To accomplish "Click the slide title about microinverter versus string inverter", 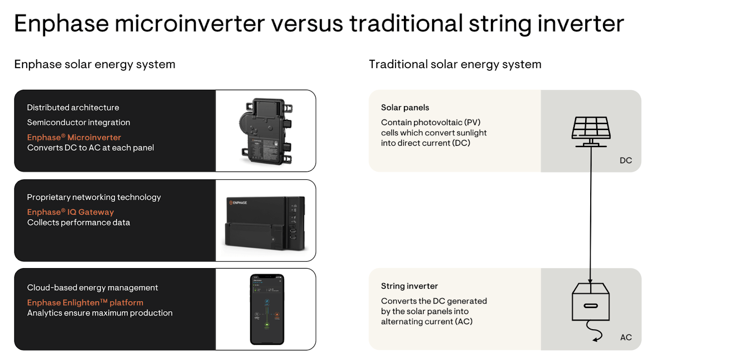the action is tap(319, 23).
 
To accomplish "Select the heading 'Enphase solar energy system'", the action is tap(95, 64).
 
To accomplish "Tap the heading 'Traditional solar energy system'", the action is tap(455, 64).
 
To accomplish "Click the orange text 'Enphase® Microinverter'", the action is tap(74, 137).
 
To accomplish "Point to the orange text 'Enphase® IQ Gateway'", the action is tap(70, 212).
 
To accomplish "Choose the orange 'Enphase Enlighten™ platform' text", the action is tap(85, 303).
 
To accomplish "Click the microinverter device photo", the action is tap(265, 131).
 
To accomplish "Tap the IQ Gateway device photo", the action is tap(265, 223).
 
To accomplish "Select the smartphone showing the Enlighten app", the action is tap(267, 309).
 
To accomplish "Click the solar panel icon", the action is tap(591, 131).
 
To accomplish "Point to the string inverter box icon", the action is tap(591, 302).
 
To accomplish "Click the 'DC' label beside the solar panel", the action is tap(626, 160).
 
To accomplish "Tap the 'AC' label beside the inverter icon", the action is tap(626, 337).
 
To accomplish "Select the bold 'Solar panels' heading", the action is tap(405, 108).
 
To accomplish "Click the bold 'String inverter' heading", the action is tap(409, 286).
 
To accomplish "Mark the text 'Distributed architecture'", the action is tap(73, 108).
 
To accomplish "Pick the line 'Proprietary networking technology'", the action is tap(94, 197).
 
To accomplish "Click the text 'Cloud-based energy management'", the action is tap(92, 287).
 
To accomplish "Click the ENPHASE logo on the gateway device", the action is tap(238, 203).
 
